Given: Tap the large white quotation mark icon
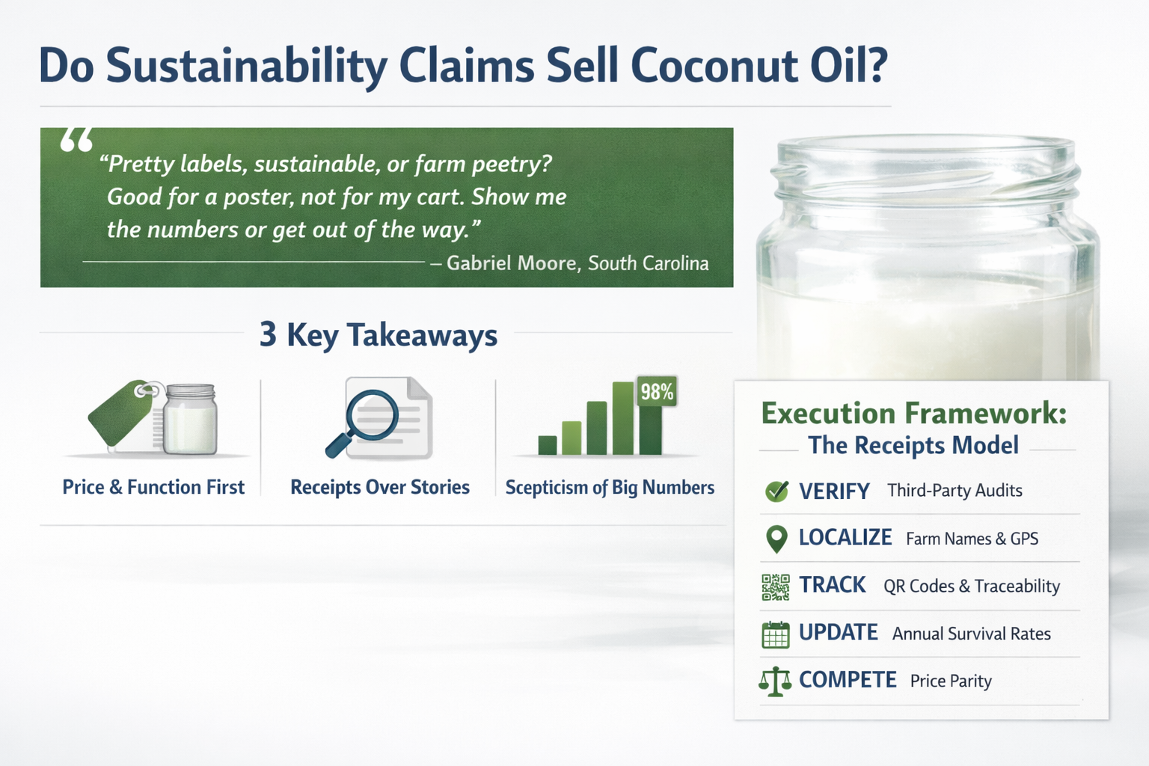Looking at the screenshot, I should (76, 140).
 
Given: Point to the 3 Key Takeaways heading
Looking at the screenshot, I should (379, 335).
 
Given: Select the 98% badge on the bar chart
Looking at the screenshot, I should (657, 391).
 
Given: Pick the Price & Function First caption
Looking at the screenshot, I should (153, 488).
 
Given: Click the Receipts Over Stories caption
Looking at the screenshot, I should (380, 488).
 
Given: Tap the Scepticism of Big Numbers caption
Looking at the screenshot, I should (610, 488).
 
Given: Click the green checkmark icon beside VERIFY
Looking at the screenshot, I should (776, 491).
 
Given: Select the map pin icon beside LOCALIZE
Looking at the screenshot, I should (776, 539).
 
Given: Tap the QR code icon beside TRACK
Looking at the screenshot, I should (776, 587).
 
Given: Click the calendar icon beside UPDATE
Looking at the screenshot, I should (776, 635).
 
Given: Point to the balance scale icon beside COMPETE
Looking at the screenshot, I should (775, 681).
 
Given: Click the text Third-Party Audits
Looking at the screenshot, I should (955, 491).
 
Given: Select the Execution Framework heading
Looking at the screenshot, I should (913, 414).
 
